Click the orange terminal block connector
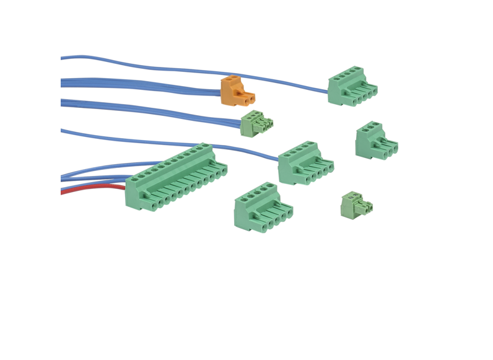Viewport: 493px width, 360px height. [x=237, y=90]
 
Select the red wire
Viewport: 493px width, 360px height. [x=93, y=188]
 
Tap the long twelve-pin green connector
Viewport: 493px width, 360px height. [x=177, y=178]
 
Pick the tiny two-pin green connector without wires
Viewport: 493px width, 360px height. [x=356, y=205]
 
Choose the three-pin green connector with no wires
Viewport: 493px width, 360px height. [x=375, y=141]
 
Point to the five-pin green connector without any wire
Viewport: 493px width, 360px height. [x=262, y=208]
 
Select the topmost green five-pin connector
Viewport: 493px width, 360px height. [x=351, y=86]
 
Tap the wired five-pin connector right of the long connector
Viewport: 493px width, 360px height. [x=305, y=162]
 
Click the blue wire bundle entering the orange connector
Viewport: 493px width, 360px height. [x=142, y=85]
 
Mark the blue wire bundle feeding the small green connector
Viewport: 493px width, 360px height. [x=149, y=110]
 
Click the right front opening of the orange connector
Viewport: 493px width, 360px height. [x=251, y=99]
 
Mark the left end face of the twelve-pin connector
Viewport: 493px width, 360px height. [x=133, y=193]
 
